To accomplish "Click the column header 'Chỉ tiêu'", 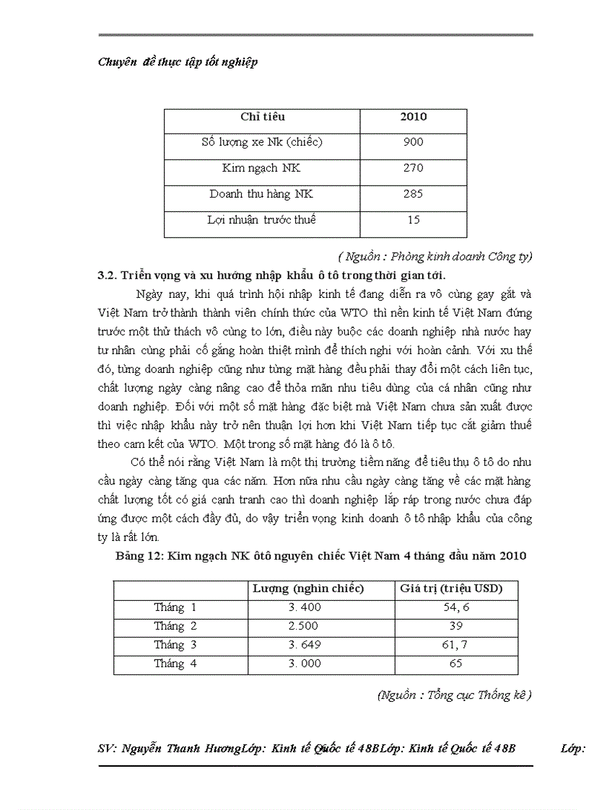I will point(262,117).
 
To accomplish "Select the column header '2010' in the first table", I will point(413,117).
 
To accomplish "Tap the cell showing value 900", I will point(413,142).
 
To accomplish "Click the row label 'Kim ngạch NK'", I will point(261,168).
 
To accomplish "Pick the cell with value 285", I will point(413,194).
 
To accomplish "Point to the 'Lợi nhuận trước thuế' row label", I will point(261,220).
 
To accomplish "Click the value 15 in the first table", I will point(413,220).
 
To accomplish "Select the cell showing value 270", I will point(413,168).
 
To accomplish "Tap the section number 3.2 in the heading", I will point(107,275).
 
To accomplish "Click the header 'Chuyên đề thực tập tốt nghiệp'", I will point(178,62).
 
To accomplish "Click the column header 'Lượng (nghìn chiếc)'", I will point(308,589).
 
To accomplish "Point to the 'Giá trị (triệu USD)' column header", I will point(451,589).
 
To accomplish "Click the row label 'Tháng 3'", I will point(175,645).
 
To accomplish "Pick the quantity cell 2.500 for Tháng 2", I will point(304,626).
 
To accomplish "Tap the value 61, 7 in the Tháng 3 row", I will point(456,645).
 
